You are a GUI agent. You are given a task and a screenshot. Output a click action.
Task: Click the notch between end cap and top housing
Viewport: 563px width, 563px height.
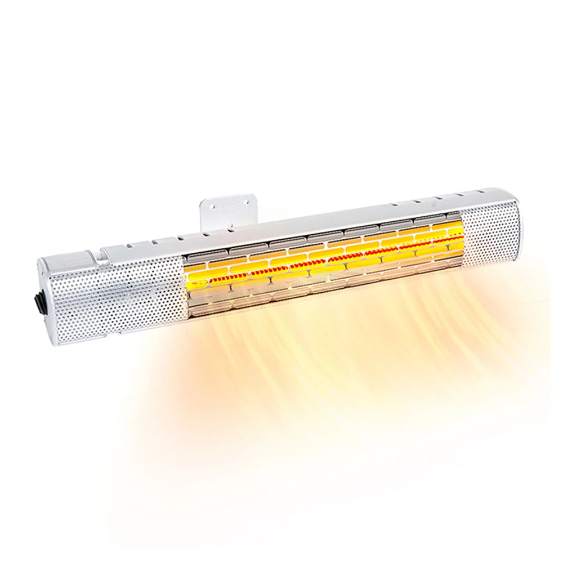tap(101, 252)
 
